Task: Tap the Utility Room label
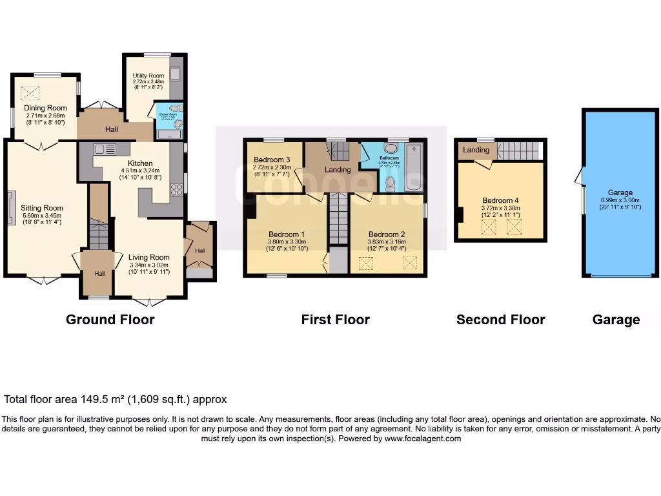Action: coord(148,76)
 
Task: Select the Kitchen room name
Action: coord(140,163)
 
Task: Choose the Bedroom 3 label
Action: coord(272,160)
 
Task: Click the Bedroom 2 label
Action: coord(387,234)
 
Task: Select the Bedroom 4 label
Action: coord(500,200)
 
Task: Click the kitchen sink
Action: coord(103,149)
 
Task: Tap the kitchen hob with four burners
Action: coord(176,189)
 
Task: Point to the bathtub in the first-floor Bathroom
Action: coord(414,167)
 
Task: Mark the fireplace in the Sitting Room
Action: coord(10,208)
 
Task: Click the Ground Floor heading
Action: coord(110,320)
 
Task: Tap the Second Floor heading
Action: coord(500,320)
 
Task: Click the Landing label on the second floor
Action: coord(476,150)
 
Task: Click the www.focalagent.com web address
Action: coord(423,439)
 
